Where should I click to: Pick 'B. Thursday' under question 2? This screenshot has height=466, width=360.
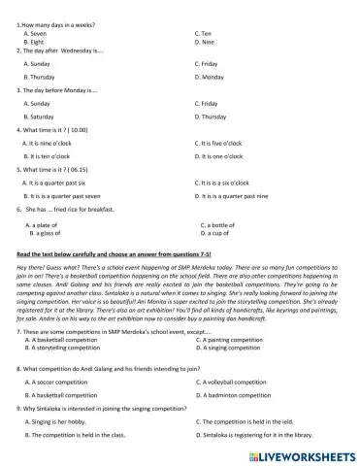40,76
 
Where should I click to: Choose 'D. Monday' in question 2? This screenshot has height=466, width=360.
210,76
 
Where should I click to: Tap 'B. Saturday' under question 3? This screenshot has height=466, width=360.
40,116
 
